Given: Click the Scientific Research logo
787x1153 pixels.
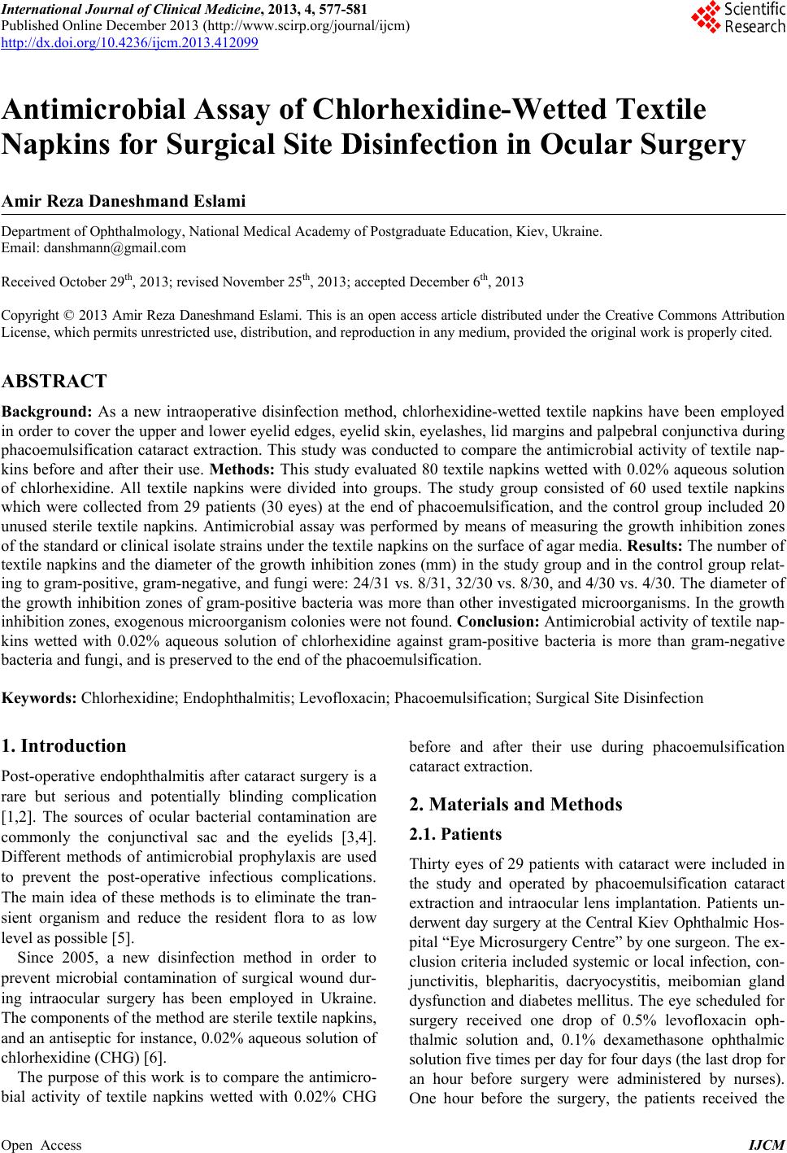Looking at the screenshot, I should click(737, 18).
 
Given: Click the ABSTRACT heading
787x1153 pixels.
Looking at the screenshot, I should click(54, 381).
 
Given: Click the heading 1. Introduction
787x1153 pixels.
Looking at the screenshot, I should click(64, 746).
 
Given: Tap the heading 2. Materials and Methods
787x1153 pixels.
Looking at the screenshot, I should click(515, 805).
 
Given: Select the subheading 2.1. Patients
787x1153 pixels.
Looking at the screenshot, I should click(455, 834).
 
